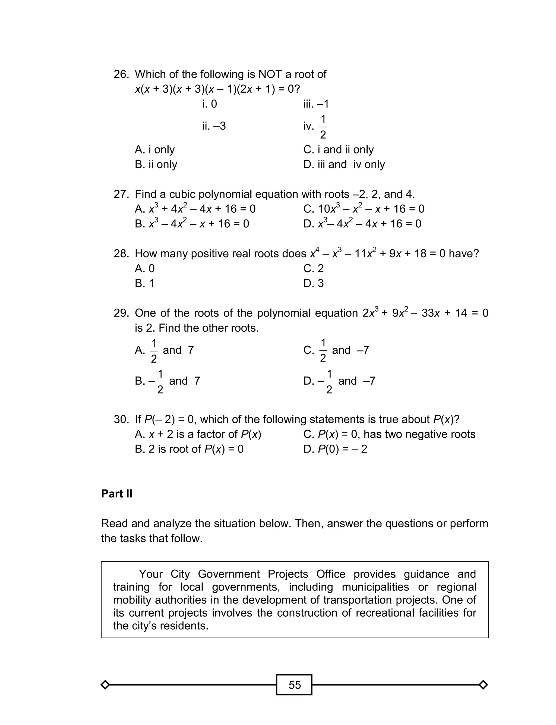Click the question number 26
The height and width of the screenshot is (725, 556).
121,74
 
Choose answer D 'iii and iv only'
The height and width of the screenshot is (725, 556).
344,165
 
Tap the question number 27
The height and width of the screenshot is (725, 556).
121,194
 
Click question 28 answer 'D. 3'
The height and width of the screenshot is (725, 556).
313,283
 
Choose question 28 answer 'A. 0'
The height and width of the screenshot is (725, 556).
145,268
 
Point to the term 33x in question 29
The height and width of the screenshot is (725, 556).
430,313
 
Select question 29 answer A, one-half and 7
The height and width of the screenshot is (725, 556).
164,350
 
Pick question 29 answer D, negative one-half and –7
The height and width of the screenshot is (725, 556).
339,381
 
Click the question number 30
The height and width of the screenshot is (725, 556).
121,419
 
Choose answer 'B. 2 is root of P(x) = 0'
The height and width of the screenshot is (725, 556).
189,449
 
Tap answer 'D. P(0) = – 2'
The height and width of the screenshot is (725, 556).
335,449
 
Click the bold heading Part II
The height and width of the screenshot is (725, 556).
116,494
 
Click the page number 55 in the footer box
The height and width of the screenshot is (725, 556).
294,685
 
